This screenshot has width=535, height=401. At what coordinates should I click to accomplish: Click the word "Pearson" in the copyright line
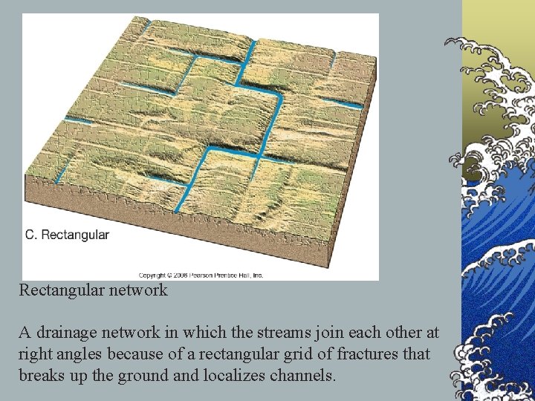(201, 275)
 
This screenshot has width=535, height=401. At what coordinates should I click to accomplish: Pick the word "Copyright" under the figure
(152, 275)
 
